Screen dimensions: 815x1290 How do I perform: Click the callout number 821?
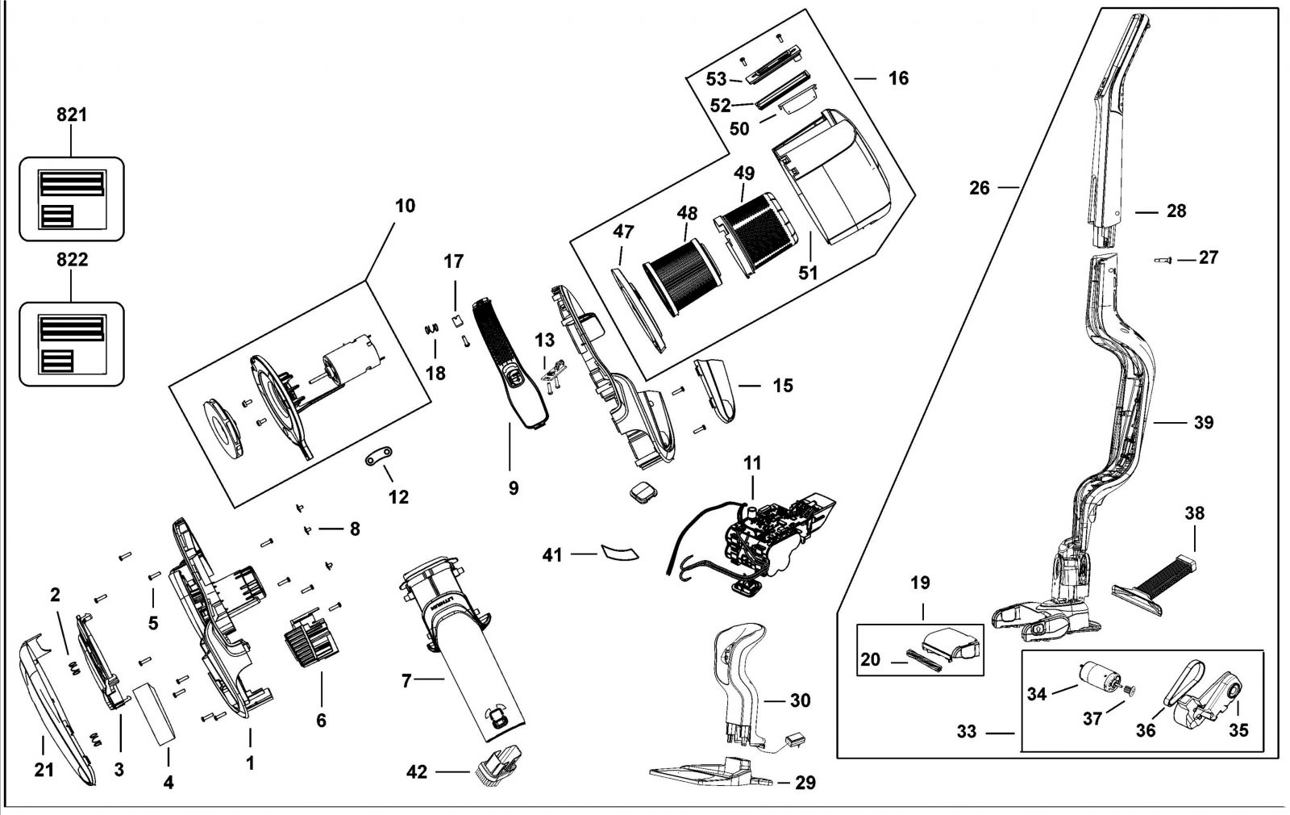[x=72, y=115]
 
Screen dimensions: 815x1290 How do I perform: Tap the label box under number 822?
[x=72, y=344]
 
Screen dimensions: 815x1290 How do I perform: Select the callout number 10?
[x=405, y=206]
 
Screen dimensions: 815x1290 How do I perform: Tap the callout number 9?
[x=514, y=488]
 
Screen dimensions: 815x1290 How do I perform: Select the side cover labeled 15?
[x=716, y=390]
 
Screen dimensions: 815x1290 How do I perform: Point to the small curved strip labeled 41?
[x=619, y=552]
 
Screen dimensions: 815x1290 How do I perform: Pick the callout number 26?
[x=979, y=188]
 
